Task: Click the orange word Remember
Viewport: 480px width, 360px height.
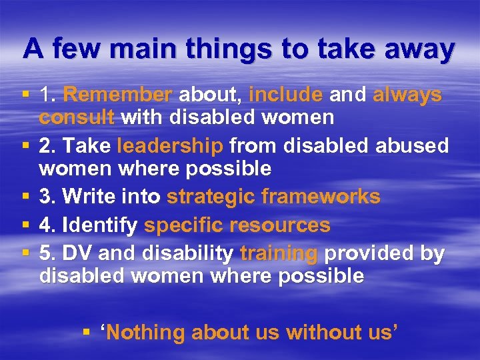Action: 117,95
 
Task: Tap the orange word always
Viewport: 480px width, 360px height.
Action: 407,95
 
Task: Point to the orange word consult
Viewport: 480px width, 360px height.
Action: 77,118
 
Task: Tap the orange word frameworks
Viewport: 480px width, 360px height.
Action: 321,197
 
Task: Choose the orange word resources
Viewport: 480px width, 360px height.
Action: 282,225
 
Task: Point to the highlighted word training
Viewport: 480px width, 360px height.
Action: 279,254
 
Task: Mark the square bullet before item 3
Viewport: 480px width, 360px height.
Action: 25,197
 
